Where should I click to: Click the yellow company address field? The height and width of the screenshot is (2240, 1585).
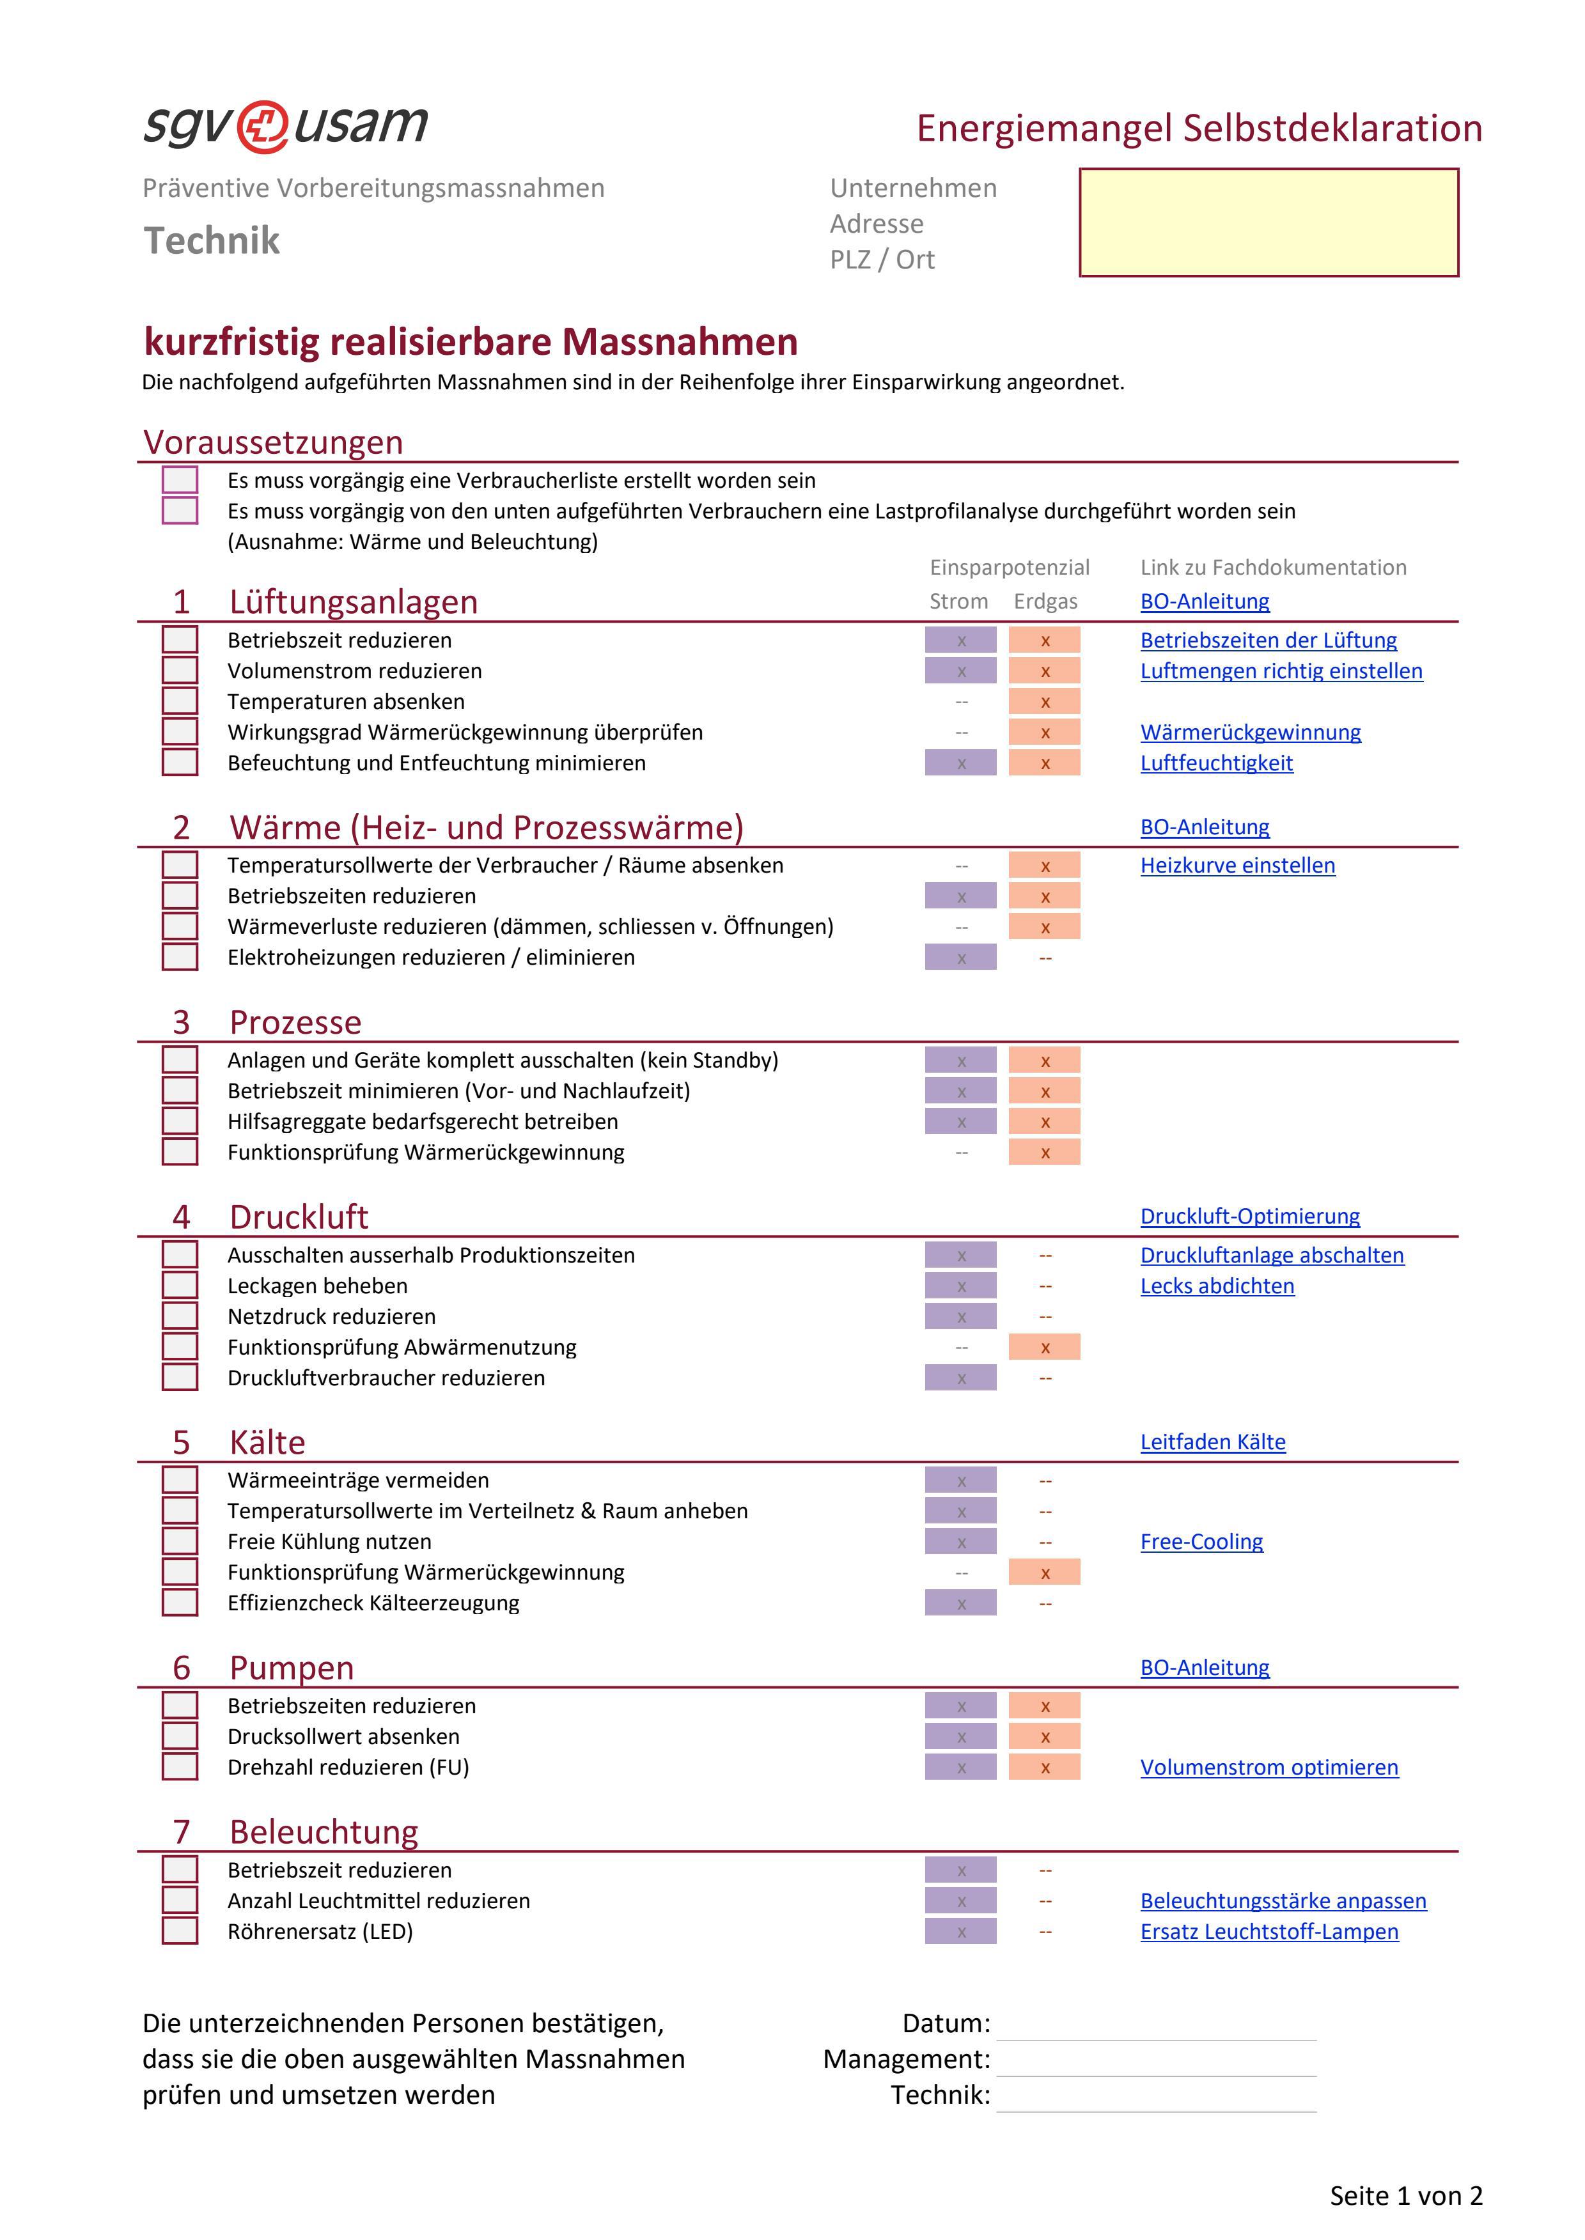(1268, 222)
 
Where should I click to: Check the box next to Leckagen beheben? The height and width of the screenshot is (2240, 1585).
(180, 1286)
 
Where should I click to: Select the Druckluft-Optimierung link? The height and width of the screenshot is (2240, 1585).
(1249, 1217)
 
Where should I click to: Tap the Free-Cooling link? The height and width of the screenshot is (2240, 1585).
(1201, 1541)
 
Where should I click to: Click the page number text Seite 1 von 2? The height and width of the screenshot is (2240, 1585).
(1405, 2196)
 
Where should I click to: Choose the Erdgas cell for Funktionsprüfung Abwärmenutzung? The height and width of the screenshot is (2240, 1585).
(1044, 1348)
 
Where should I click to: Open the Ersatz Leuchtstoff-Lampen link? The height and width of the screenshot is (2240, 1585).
(1269, 1932)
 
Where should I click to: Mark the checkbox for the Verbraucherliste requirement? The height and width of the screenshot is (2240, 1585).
(180, 480)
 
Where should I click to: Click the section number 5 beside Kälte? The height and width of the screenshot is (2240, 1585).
(182, 1442)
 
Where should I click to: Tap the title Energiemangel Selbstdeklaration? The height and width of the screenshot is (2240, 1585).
(1199, 128)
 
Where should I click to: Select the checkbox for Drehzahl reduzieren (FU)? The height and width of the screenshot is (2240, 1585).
(180, 1767)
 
